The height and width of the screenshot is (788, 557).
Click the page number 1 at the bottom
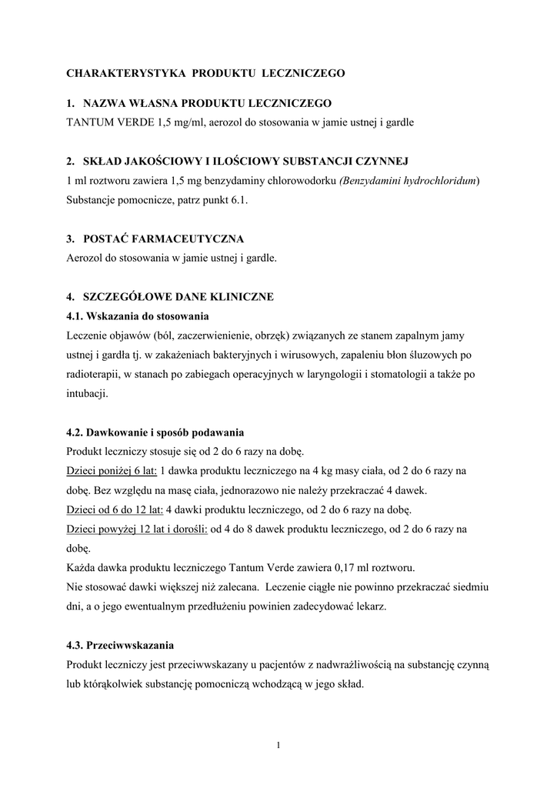click(278, 743)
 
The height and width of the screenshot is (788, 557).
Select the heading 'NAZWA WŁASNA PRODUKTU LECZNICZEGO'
click(207, 102)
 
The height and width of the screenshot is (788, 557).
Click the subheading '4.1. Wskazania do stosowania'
click(138, 316)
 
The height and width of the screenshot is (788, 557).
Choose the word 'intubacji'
click(87, 393)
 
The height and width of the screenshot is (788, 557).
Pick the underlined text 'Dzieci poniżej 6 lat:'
click(112, 470)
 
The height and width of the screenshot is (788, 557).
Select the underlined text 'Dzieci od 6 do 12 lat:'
click(115, 509)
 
